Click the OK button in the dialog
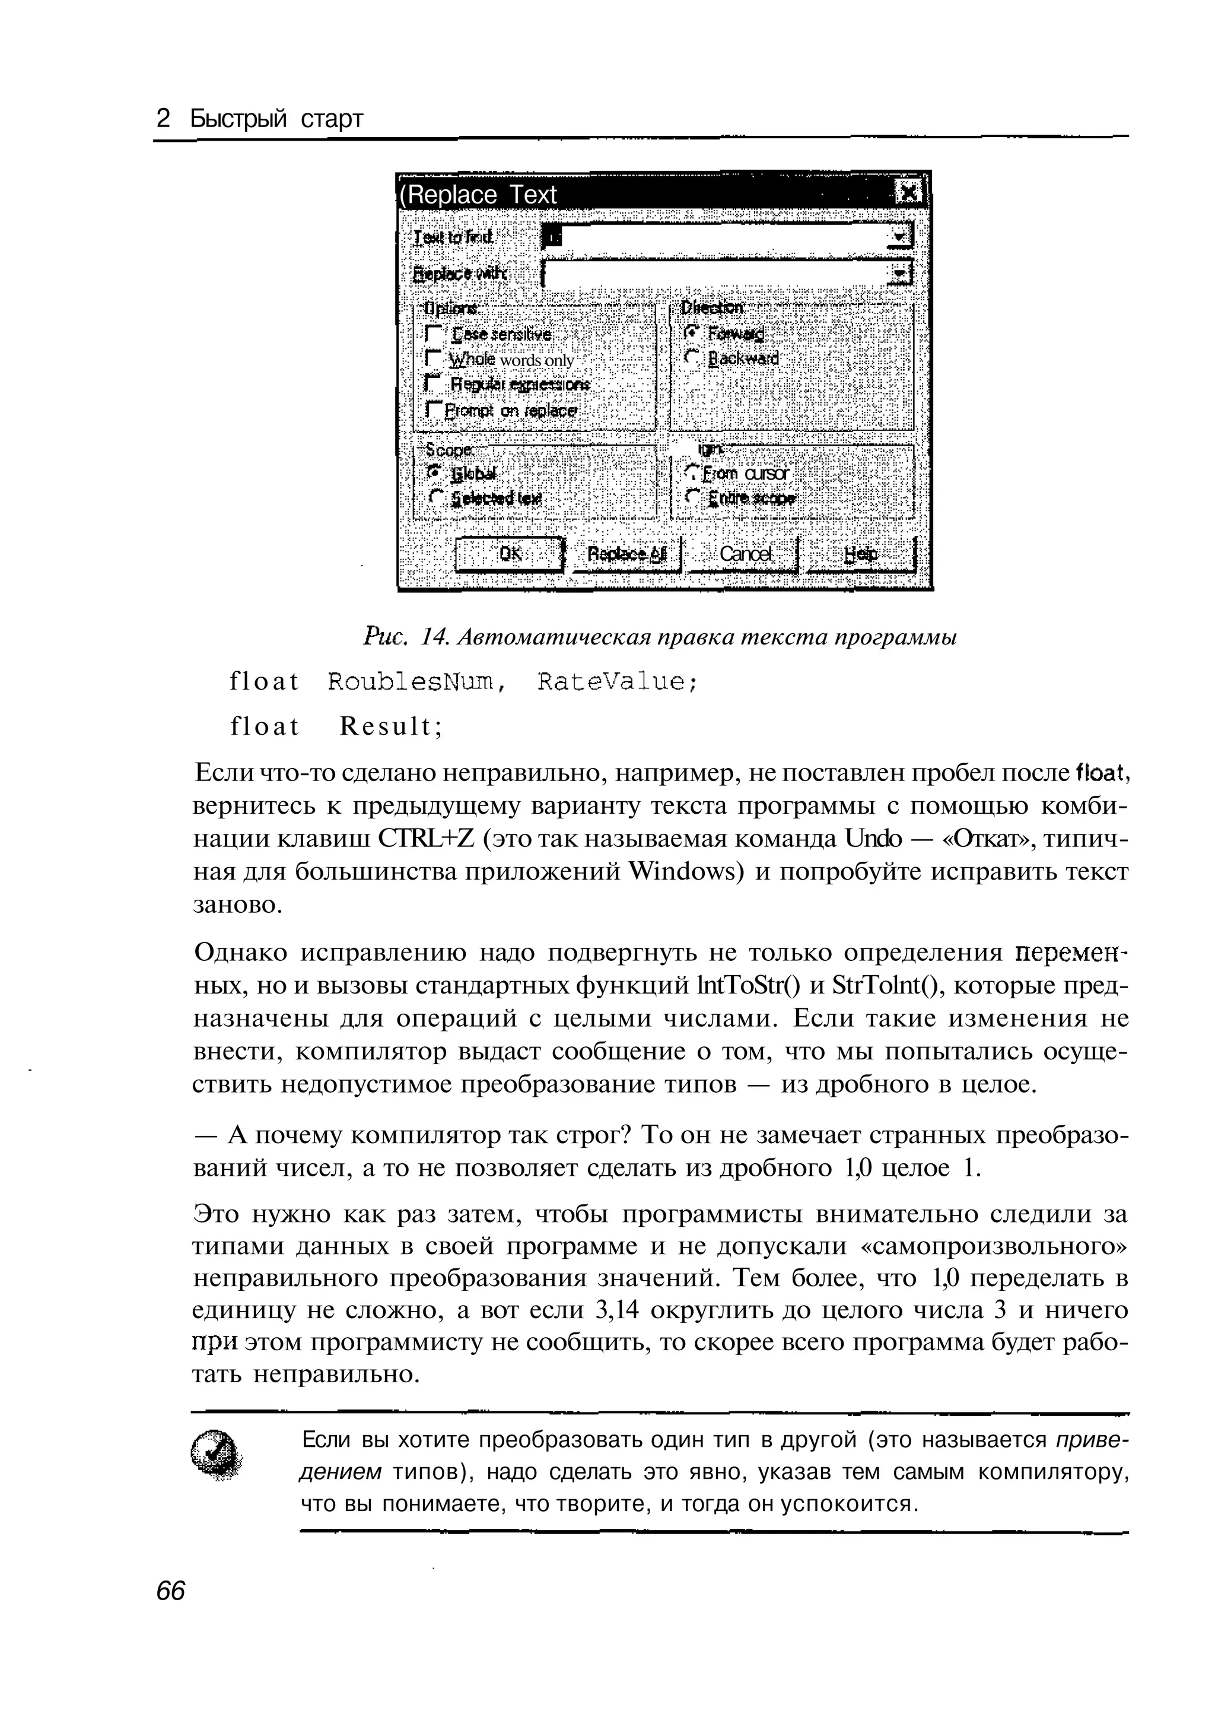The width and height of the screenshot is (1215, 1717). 510,554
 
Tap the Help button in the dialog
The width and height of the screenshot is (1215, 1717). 860,554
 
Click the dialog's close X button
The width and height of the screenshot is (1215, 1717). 909,194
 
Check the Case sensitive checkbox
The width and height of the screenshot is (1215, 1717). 432,333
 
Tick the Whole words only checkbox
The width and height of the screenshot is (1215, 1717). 432,358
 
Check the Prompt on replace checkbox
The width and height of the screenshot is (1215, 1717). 432,410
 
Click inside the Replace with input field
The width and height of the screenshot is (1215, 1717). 711,273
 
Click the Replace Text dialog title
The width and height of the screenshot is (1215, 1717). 479,195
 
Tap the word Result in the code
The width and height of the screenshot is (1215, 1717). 390,726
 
